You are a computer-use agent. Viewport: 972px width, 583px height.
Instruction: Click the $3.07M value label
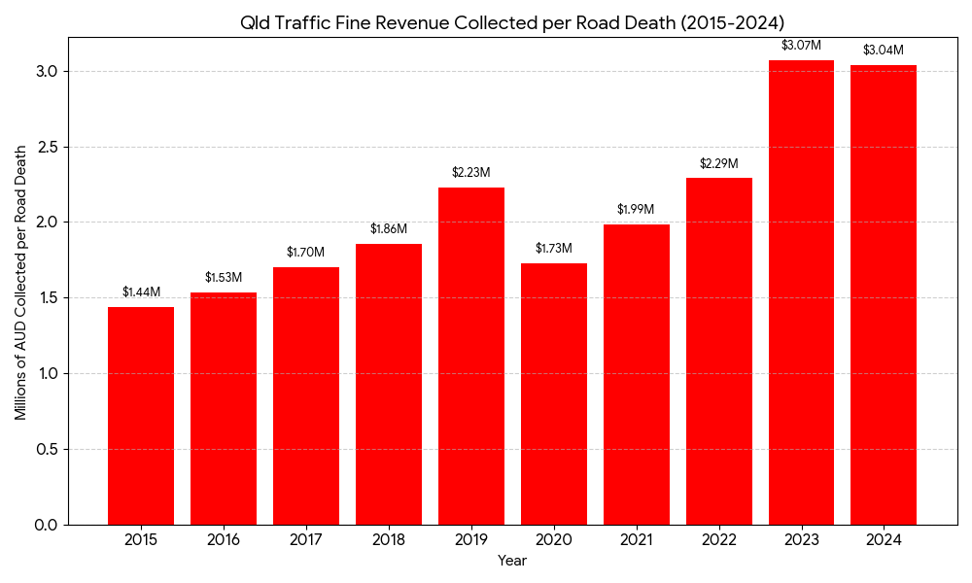(x=801, y=46)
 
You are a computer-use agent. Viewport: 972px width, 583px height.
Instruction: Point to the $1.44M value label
(x=141, y=292)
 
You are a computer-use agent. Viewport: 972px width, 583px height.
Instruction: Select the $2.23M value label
(x=471, y=173)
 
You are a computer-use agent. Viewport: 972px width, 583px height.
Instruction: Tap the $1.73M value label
(x=554, y=249)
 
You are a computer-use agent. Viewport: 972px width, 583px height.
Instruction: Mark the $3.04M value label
(x=884, y=51)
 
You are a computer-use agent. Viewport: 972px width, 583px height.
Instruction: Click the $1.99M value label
(x=636, y=210)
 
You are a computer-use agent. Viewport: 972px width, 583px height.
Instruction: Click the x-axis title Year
(x=512, y=561)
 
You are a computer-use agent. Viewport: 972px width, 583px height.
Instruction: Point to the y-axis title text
(x=20, y=281)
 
